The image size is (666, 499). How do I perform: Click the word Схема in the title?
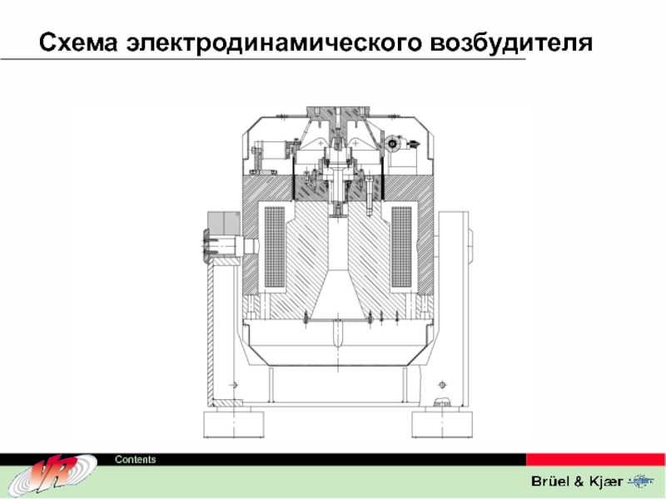[79, 42]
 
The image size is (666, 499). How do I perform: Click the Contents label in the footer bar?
[135, 460]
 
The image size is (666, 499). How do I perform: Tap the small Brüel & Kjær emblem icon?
[642, 482]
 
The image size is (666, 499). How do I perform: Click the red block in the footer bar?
[595, 459]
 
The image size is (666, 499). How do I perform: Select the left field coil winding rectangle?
[272, 249]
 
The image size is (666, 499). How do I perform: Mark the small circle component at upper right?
[391, 143]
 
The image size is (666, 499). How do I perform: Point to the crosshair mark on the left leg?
[233, 384]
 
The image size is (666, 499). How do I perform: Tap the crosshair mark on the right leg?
[440, 384]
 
